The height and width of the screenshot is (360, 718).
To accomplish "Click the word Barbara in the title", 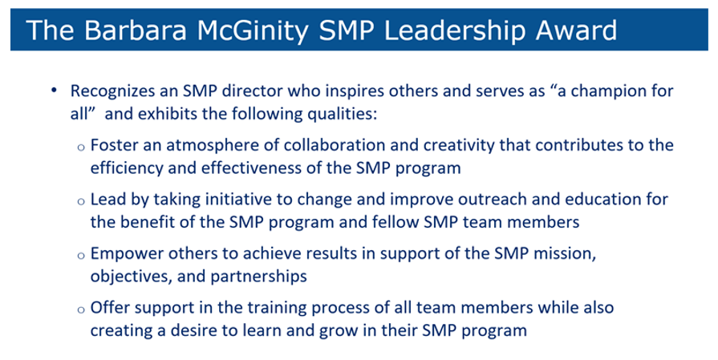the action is coord(135,30).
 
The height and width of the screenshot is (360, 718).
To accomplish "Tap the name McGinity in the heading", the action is coord(254,31).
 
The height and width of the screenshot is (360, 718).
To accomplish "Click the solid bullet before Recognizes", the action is coord(55,91).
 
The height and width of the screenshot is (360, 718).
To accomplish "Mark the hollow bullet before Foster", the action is coord(81,148).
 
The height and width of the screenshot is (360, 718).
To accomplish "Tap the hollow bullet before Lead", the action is coord(81,202).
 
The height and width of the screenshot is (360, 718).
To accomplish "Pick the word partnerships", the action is coord(258,277).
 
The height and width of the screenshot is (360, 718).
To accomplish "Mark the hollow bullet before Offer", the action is coord(81,310).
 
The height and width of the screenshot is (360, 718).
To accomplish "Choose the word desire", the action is coord(194,330).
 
